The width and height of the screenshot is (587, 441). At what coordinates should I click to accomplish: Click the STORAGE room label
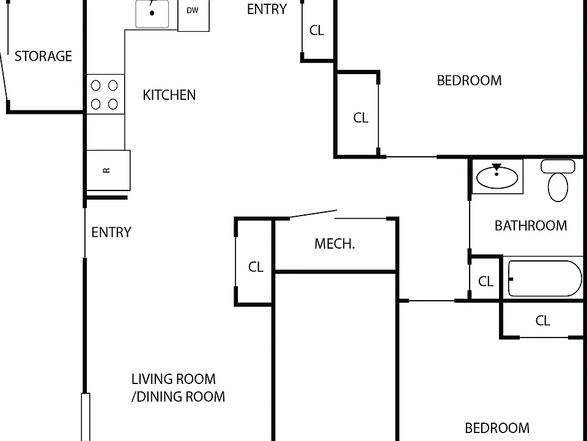click(43, 56)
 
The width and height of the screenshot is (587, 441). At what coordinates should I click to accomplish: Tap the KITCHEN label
click(169, 96)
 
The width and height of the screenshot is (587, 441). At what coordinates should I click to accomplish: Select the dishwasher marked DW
click(193, 15)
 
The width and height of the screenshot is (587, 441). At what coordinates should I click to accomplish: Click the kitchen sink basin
click(152, 14)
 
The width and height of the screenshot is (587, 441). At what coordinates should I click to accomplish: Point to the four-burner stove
click(106, 94)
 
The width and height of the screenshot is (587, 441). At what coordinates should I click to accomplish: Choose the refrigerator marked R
click(108, 170)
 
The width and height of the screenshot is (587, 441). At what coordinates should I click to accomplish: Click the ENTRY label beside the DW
click(267, 9)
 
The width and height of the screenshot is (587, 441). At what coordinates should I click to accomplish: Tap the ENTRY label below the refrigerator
click(111, 233)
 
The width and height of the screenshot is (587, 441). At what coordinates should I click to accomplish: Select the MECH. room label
click(334, 244)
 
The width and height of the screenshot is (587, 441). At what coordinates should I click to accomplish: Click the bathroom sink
click(497, 176)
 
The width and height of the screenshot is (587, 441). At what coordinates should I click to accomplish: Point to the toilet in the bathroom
click(558, 180)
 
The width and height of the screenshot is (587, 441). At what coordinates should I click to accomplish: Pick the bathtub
click(545, 279)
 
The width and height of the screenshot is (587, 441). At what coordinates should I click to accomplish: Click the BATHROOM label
click(531, 226)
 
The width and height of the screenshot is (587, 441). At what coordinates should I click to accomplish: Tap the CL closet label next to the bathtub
click(486, 281)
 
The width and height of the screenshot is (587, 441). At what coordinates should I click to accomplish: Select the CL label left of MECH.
click(256, 267)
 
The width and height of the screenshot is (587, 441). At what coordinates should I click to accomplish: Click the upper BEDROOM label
click(470, 81)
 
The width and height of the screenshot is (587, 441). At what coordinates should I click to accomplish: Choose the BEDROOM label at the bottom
click(497, 428)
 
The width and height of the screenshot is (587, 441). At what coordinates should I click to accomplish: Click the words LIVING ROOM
click(173, 379)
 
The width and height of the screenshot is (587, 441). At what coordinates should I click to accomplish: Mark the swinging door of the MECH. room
click(313, 214)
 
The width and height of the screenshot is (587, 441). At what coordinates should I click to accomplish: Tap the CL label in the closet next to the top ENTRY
click(317, 31)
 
